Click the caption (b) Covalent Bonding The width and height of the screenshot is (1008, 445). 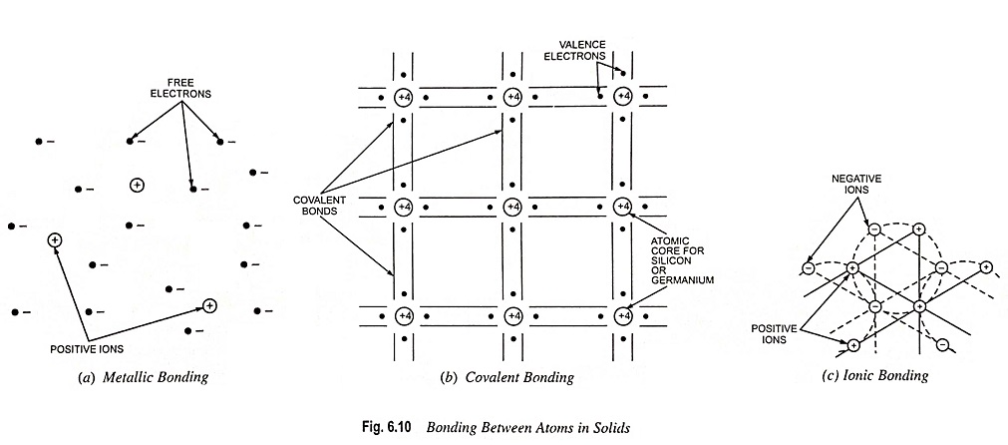tap(506, 377)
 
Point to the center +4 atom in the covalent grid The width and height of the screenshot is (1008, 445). tap(512, 208)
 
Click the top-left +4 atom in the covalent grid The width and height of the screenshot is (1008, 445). tap(403, 98)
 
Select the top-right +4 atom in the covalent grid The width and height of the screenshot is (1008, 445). tap(622, 97)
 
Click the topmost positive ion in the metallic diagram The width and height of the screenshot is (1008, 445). tap(137, 186)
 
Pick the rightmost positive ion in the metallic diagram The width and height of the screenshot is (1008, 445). tap(209, 304)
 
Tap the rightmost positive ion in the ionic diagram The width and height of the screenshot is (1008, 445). tap(985, 266)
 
